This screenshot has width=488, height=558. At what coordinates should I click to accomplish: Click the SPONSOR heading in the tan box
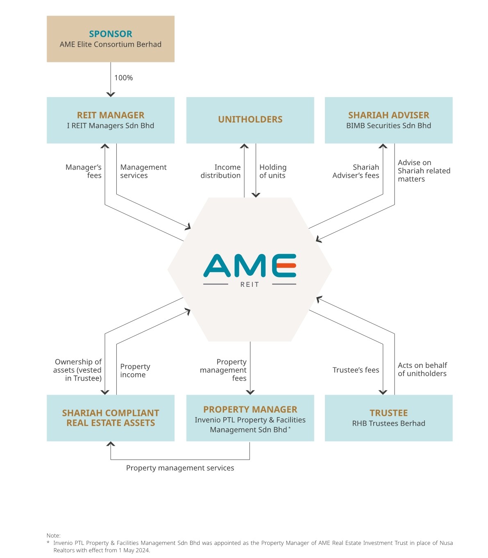(x=111, y=34)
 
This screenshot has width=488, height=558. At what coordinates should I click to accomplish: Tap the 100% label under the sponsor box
(x=123, y=78)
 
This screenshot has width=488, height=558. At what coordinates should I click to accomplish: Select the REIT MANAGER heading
(x=111, y=115)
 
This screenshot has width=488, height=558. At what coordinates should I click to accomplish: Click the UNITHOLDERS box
(x=250, y=120)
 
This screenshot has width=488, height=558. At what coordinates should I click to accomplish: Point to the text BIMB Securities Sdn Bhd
(x=388, y=126)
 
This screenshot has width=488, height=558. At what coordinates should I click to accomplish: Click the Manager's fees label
(x=84, y=171)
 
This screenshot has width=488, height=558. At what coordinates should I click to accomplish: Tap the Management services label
(x=143, y=171)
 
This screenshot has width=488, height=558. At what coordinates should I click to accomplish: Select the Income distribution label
(x=221, y=171)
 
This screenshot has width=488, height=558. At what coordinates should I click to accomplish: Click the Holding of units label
(x=272, y=171)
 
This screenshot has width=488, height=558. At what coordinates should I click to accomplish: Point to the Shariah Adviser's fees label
(x=356, y=171)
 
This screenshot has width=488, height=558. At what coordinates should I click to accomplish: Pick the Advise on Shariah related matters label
(x=423, y=171)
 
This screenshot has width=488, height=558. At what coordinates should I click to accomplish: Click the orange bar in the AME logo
(x=286, y=265)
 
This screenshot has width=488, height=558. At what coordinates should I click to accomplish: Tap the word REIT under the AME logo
(x=250, y=284)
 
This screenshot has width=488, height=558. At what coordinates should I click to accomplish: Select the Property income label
(x=135, y=370)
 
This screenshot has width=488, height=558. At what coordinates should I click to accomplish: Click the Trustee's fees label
(x=356, y=370)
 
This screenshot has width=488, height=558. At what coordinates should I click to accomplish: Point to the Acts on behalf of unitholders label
(x=422, y=369)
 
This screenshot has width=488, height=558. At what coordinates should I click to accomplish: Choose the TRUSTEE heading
(x=388, y=413)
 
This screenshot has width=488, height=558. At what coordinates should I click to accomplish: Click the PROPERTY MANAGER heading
(x=250, y=409)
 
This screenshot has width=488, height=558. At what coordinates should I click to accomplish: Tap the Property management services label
(x=180, y=468)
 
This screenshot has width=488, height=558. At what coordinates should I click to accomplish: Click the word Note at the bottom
(x=53, y=535)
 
